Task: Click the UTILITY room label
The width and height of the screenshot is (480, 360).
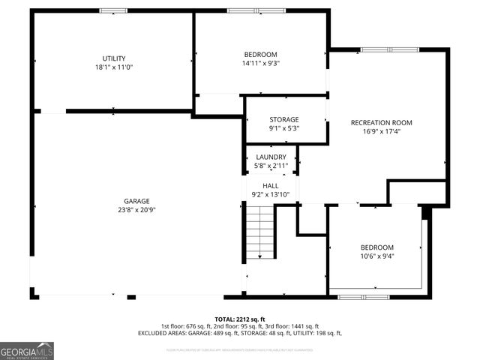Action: coord(114,58)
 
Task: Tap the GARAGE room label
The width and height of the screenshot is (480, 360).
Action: coord(136,201)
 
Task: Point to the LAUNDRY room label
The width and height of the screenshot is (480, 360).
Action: coord(270,157)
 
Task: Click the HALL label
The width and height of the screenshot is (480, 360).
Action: coord(270,185)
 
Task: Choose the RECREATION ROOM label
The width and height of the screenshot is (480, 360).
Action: coord(381,122)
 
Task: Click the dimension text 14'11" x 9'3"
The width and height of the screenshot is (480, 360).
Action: coord(260,63)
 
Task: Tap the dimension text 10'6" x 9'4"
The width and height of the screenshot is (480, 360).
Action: coord(376,256)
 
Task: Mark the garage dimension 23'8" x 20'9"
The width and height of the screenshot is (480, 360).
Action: coord(136,210)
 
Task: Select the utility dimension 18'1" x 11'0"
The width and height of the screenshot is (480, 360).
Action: coord(114,67)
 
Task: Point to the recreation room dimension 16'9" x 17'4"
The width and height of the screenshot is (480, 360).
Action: coord(381,131)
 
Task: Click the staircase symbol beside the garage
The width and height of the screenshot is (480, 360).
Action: coord(260,232)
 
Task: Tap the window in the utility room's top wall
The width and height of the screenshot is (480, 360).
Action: coord(114,10)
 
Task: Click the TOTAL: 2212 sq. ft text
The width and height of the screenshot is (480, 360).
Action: coord(240,319)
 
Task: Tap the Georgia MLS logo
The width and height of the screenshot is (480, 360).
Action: coord(27,351)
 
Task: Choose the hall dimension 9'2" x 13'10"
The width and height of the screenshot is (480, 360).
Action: coord(270,194)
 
